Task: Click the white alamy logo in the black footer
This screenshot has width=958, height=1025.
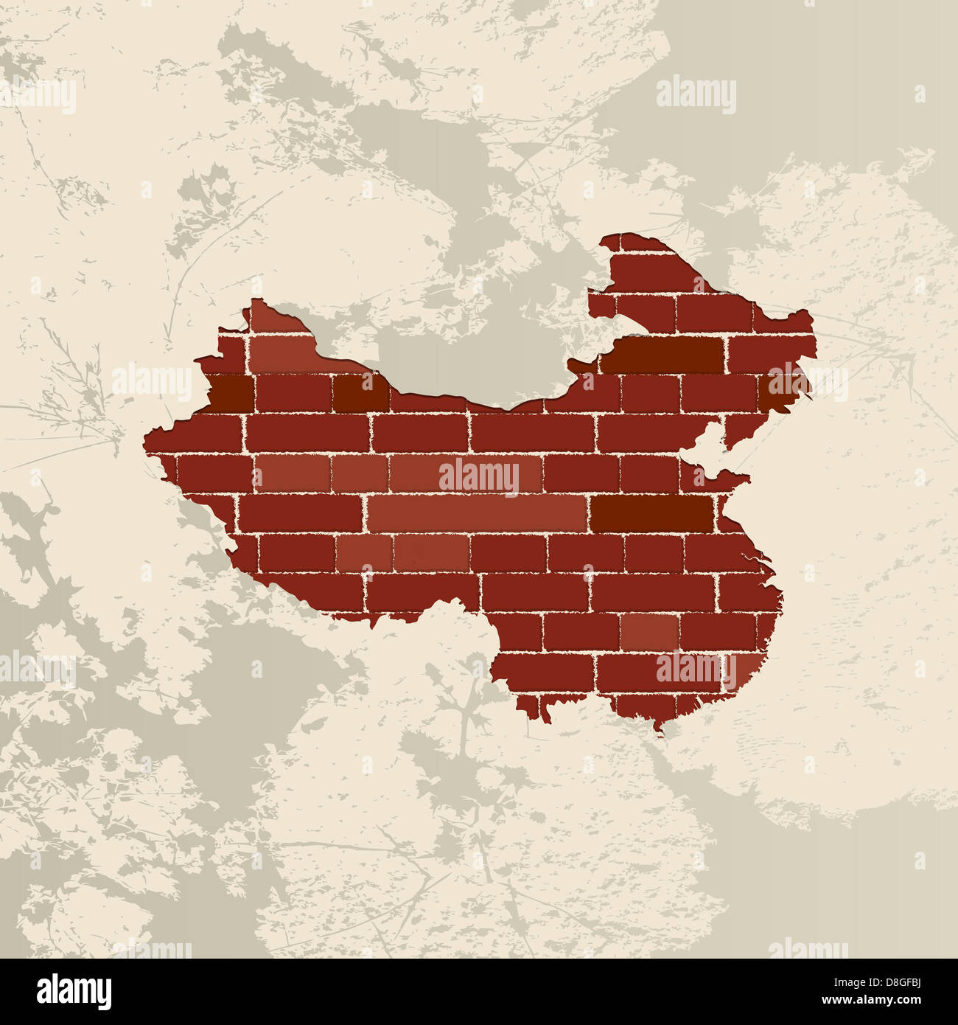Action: pos(74,992)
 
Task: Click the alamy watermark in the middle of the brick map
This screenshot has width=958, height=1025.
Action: pos(479,476)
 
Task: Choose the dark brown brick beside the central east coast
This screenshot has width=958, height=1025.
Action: pos(653,514)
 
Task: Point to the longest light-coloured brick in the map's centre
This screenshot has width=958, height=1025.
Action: pos(478,513)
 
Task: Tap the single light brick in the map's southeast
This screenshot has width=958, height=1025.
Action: pos(648,632)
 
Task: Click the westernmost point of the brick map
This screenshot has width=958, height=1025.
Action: pos(145,442)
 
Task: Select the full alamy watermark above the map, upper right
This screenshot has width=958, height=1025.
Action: pos(696,95)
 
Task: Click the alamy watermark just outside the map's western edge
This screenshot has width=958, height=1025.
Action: pos(152,381)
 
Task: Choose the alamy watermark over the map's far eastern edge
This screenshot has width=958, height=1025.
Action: pos(807,381)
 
